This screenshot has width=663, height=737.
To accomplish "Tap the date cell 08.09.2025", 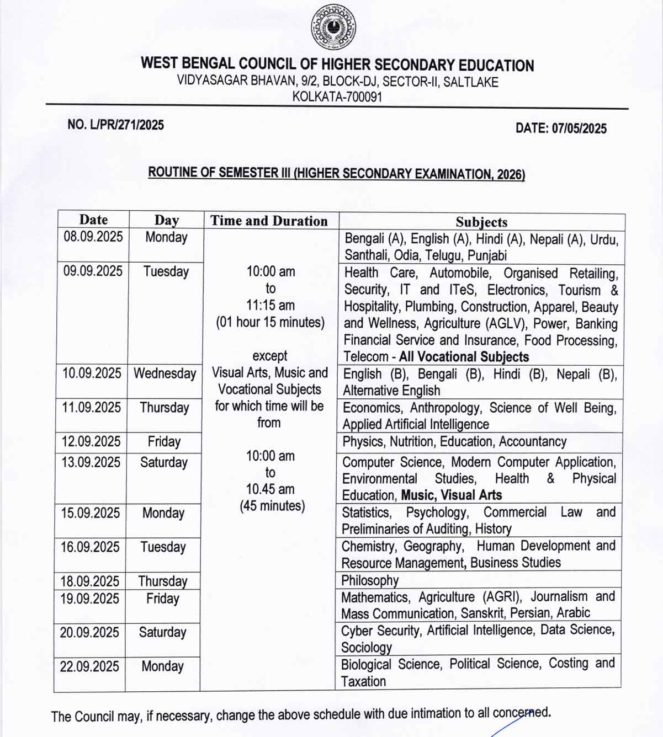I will [x=93, y=237].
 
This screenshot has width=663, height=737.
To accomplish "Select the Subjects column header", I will [x=481, y=222].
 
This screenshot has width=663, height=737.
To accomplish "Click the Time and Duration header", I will [x=269, y=221].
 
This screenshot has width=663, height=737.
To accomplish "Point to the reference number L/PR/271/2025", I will [x=115, y=125].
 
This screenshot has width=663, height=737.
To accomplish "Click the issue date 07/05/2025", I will [x=561, y=129].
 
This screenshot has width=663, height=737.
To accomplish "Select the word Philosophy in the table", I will [x=370, y=580].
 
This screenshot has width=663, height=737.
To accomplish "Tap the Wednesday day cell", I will [x=165, y=373].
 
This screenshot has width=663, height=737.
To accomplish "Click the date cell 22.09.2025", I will [x=89, y=666].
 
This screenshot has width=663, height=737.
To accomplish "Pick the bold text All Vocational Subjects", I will [x=464, y=356].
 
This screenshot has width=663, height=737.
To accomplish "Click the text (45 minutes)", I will [x=272, y=506].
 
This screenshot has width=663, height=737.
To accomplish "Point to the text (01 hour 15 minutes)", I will [x=270, y=322].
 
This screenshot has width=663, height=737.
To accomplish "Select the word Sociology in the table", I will [x=367, y=647].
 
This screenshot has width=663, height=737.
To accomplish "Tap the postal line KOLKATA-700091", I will [x=337, y=97].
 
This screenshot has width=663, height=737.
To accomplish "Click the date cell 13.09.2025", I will [x=91, y=462].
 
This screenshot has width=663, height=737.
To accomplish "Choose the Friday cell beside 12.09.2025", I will [x=164, y=442].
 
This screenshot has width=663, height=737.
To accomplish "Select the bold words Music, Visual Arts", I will [x=452, y=495].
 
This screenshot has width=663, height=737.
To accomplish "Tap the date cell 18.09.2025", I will [x=89, y=581].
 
